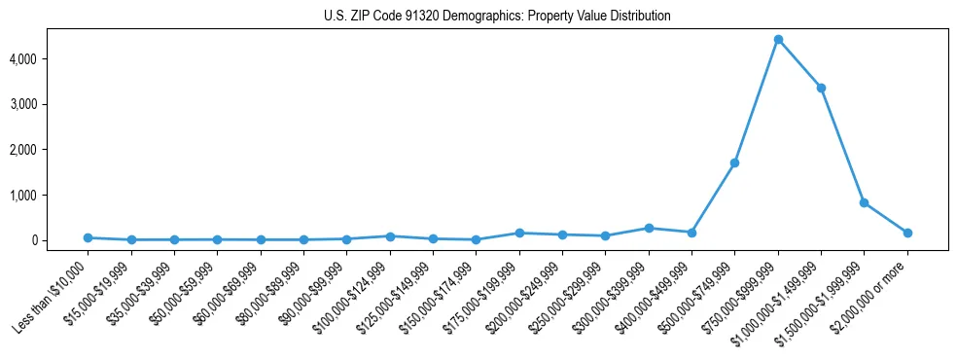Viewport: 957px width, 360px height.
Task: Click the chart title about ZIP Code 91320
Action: tap(497, 17)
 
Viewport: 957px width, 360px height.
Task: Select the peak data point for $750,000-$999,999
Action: tap(778, 40)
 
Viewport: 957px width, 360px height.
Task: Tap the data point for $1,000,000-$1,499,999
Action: tap(821, 89)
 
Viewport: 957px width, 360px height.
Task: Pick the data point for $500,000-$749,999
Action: tap(734, 162)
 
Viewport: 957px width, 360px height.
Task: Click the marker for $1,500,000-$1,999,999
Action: tap(864, 202)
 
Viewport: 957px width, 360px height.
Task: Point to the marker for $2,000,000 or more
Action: tap(907, 233)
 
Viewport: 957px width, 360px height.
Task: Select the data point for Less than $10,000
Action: tap(88, 237)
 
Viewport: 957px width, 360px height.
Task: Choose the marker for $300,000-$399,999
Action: tap(649, 228)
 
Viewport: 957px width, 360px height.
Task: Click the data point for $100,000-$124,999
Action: tap(390, 235)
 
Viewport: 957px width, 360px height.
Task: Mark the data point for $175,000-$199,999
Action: tap(519, 233)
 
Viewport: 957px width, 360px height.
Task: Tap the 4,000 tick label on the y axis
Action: tap(49, 59)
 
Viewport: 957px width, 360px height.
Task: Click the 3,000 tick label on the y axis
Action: tap(49, 104)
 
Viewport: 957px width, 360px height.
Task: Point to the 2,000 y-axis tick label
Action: tap(49, 150)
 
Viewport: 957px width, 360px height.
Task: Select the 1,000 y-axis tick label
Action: tap(49, 196)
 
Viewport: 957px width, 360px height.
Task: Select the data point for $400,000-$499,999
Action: tap(691, 233)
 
